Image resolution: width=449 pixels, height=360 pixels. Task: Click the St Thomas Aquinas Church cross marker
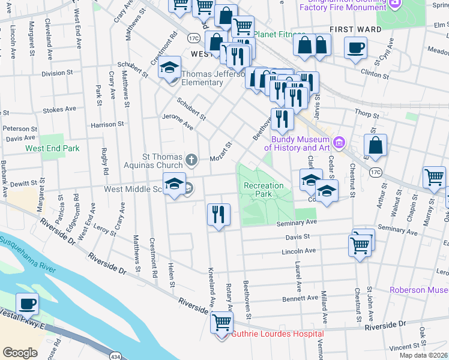click(x=191, y=160)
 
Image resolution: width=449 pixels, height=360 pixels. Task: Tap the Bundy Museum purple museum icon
click(x=339, y=142)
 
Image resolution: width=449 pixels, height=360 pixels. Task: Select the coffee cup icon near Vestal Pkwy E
click(x=27, y=304)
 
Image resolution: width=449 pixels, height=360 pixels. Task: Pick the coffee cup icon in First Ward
click(x=355, y=47)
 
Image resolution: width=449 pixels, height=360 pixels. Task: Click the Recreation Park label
click(x=264, y=190)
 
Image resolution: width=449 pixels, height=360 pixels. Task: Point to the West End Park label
click(x=52, y=148)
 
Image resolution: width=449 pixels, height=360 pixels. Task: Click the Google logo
click(x=20, y=352)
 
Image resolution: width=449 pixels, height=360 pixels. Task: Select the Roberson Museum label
click(x=419, y=290)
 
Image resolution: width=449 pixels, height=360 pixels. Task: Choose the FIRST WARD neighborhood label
click(x=355, y=29)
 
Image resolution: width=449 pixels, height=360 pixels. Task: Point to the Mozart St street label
click(x=221, y=152)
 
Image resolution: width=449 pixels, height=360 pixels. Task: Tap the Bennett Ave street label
click(x=300, y=298)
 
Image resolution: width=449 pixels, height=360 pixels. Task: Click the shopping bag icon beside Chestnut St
click(x=375, y=145)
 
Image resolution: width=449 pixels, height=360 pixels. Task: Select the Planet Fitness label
click(x=279, y=34)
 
